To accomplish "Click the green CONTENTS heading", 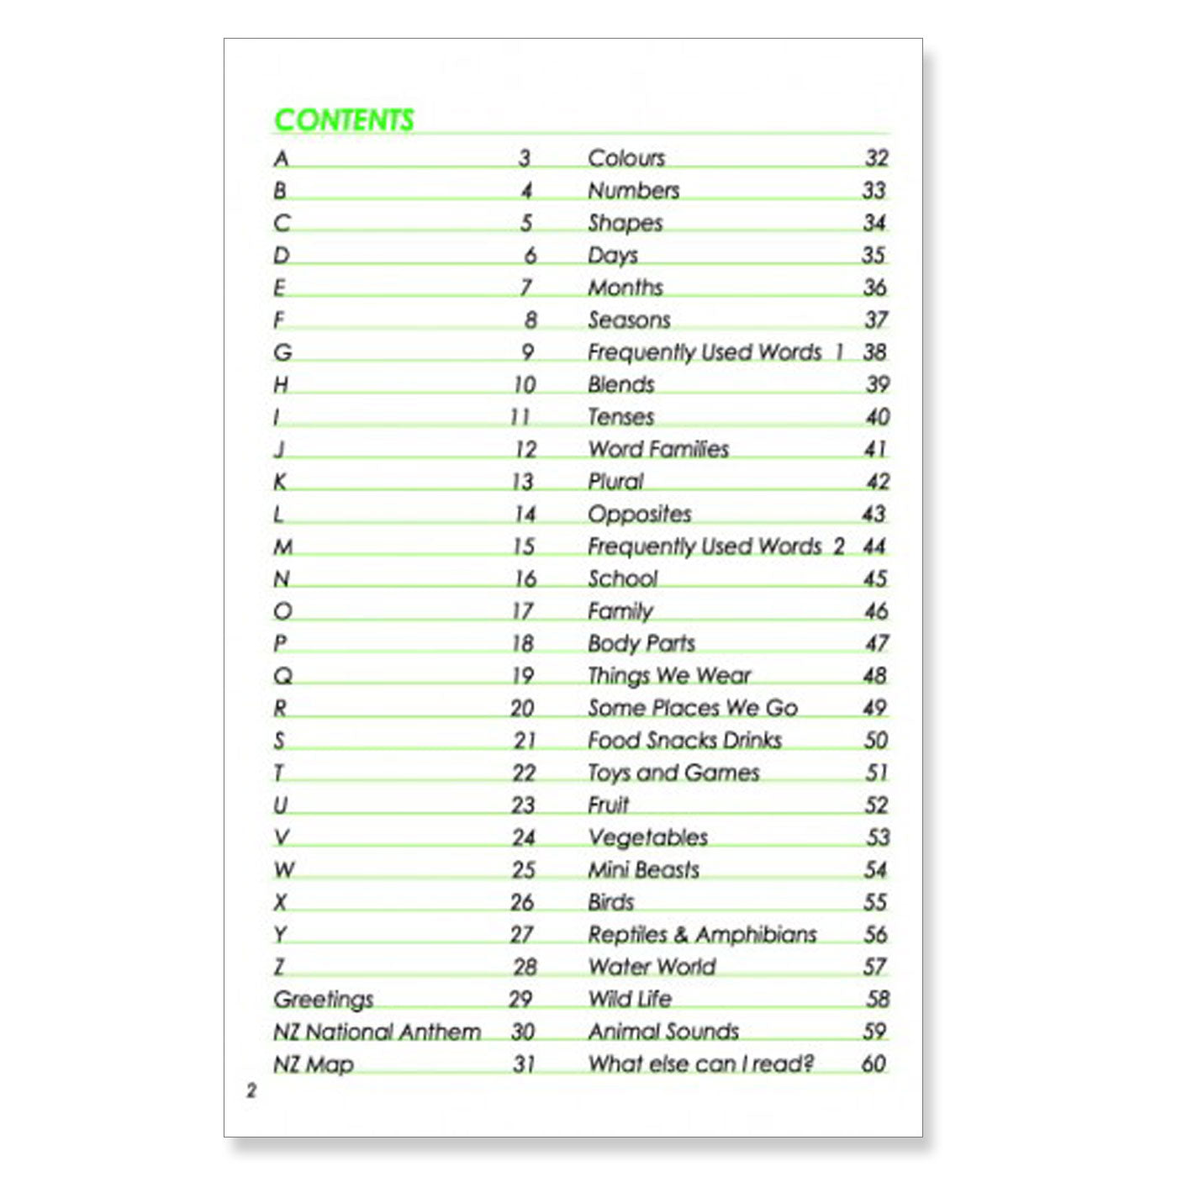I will [344, 120].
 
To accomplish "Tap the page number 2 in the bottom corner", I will [251, 1091].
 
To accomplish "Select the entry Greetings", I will [323, 1000].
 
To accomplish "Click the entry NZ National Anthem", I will [377, 1032].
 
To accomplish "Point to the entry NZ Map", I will [313, 1064].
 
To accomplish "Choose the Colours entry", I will [625, 158].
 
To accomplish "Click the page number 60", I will [874, 1064].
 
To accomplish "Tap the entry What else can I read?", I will [700, 1064].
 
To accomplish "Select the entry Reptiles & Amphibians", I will [702, 935].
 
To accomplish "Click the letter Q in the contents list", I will [283, 676].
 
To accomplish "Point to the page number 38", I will [874, 352].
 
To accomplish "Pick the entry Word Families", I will [658, 449].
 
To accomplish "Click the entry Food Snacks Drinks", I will [684, 741].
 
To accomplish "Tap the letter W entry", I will [284, 870].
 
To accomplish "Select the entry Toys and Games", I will [673, 773].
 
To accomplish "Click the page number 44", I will [874, 546].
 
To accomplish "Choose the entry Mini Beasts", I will [643, 870].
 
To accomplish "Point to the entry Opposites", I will [639, 514].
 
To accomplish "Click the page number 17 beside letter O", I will [523, 611].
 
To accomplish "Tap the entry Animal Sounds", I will [662, 1032].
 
